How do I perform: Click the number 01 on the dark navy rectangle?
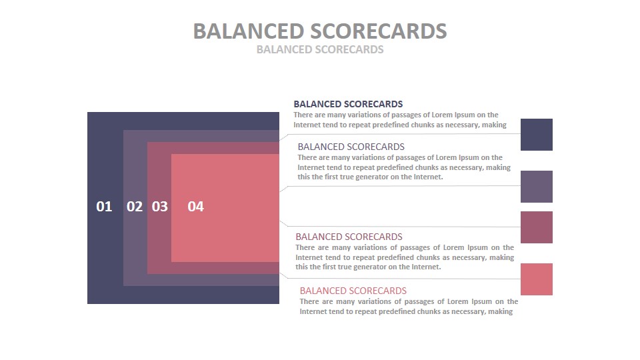(104, 207)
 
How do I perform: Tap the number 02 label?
(135, 207)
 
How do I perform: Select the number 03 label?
(159, 207)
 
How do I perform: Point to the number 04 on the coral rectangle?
(195, 207)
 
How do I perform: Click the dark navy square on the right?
(536, 135)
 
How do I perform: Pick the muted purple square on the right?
(536, 187)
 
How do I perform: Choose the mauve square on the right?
(536, 227)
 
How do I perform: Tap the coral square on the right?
(536, 279)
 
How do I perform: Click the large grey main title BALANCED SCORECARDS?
(320, 31)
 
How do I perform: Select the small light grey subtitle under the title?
(320, 49)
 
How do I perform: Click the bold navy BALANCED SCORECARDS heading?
(348, 104)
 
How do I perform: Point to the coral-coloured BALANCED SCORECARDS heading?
(353, 291)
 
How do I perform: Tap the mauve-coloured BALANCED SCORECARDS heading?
(349, 237)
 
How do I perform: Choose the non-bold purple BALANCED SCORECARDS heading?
(351, 147)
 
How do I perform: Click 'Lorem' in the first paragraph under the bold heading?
(442, 115)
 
